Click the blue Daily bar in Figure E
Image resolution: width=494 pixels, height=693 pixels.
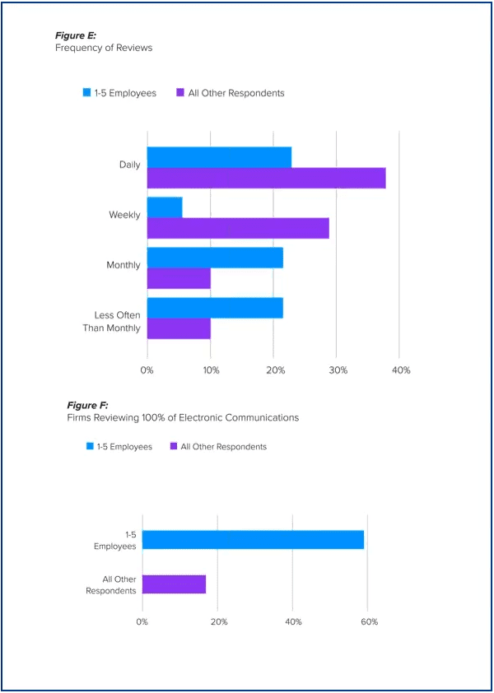[x=219, y=157]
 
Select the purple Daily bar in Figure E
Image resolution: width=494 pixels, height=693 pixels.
[x=266, y=178]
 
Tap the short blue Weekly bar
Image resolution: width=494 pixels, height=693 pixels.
[x=165, y=207]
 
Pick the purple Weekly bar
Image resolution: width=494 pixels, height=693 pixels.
[x=238, y=228]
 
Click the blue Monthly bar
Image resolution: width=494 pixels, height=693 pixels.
[x=215, y=258]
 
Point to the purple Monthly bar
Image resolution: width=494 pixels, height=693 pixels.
[x=179, y=278]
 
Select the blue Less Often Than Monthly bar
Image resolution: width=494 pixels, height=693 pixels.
[x=215, y=308]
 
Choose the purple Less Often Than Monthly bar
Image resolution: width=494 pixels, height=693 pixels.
[x=179, y=328]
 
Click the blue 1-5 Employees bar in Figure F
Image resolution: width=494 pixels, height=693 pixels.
[x=253, y=540]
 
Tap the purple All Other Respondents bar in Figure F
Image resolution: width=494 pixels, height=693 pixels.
[x=174, y=584]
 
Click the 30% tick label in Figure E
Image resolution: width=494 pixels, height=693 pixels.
[x=338, y=370]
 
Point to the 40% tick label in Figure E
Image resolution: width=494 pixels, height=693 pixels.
[x=401, y=370]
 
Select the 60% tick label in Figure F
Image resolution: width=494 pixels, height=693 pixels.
[x=369, y=621]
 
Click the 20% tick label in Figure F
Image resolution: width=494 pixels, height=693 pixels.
[x=218, y=621]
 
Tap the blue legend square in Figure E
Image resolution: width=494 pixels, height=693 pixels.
[x=86, y=93]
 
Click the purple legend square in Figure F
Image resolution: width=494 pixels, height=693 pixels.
[x=173, y=447]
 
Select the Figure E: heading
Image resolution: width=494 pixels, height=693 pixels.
[x=76, y=35]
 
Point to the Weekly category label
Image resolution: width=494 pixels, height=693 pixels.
[x=124, y=215]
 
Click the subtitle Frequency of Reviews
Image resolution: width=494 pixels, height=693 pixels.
[x=104, y=48]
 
